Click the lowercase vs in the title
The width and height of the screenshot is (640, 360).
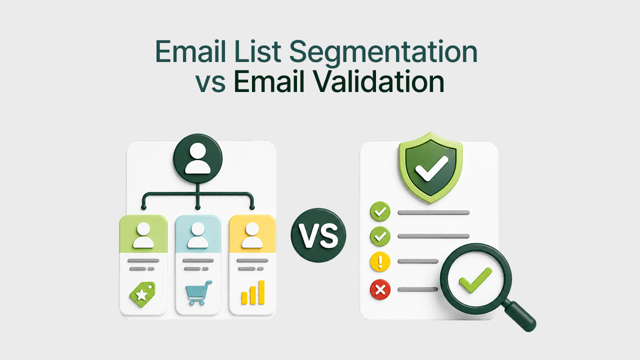click(x=210, y=84)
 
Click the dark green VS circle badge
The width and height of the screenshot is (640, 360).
click(x=318, y=235)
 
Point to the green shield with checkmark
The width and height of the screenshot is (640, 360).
click(x=430, y=167)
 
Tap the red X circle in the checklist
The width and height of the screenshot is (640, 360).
click(x=380, y=289)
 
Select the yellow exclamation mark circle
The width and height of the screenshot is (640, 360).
click(x=380, y=261)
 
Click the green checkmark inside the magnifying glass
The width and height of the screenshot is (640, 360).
click(x=475, y=280)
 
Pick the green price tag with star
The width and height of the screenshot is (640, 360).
click(x=142, y=294)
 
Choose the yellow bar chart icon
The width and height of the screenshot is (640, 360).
click(x=253, y=292)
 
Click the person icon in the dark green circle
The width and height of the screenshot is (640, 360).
click(x=197, y=158)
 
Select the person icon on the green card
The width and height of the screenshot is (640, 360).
click(x=143, y=235)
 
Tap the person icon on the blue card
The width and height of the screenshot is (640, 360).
click(x=197, y=235)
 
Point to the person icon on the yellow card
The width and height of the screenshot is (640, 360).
click(x=252, y=235)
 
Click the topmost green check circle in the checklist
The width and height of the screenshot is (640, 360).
click(x=380, y=211)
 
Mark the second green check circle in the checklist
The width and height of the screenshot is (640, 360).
click(x=380, y=236)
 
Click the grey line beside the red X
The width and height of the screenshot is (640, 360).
click(x=417, y=289)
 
